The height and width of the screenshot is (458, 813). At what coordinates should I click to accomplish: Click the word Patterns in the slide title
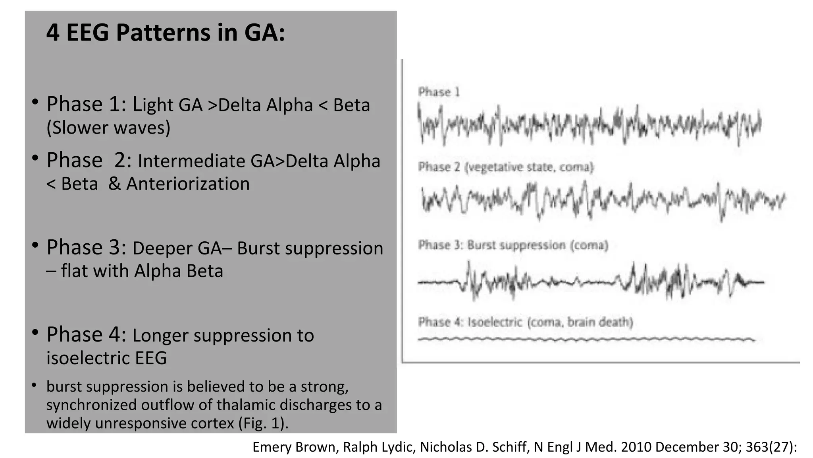pyautogui.click(x=163, y=33)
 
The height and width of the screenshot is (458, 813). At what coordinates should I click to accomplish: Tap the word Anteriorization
pyautogui.click(x=188, y=184)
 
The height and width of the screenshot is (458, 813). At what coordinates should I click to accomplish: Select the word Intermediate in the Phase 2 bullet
pyautogui.click(x=191, y=161)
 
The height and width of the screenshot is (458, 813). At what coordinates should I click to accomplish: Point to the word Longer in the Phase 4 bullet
pyautogui.click(x=160, y=336)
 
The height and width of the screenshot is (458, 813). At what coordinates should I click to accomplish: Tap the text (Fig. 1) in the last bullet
pyautogui.click(x=262, y=423)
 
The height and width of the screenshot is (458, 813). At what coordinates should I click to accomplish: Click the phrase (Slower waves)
pyautogui.click(x=108, y=128)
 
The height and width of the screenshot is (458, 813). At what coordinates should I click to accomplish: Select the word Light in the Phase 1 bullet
pyautogui.click(x=153, y=105)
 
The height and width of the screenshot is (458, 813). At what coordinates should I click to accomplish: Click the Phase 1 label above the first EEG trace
pyautogui.click(x=439, y=92)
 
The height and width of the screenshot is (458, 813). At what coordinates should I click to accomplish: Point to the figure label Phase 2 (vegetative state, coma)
pyautogui.click(x=506, y=167)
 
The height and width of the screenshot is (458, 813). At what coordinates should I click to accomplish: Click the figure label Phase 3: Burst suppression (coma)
pyautogui.click(x=513, y=245)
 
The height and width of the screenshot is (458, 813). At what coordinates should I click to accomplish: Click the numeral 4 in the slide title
pyautogui.click(x=53, y=33)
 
